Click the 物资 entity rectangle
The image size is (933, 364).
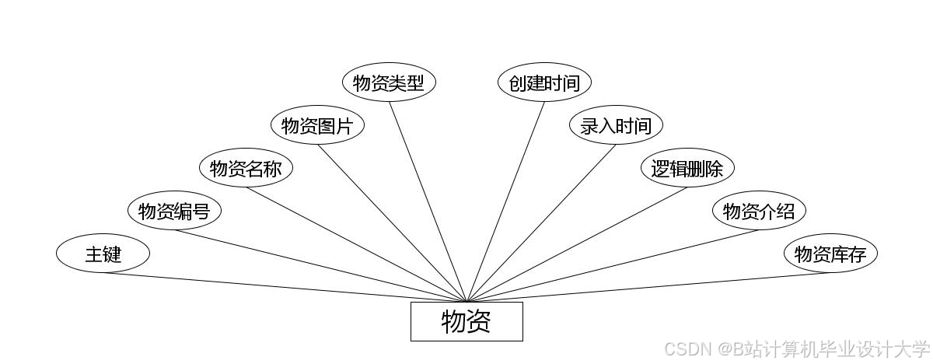pyautogui.click(x=466, y=321)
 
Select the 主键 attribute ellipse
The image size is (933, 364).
pyautogui.click(x=103, y=254)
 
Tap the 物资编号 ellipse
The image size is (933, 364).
pyautogui.click(x=174, y=211)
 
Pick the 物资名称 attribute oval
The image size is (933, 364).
pyautogui.click(x=246, y=168)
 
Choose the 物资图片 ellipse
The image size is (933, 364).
pyautogui.click(x=317, y=125)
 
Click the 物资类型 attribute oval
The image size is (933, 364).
pyautogui.click(x=389, y=82)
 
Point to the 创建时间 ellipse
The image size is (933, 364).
pyautogui.click(x=544, y=82)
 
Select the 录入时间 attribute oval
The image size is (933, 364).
pyautogui.click(x=616, y=125)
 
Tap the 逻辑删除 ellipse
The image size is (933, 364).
pyautogui.click(x=687, y=168)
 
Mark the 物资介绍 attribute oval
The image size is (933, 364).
pyautogui.click(x=759, y=211)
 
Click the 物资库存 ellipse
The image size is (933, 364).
pyautogui.click(x=830, y=254)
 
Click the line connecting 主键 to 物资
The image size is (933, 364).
pyautogui.click(x=285, y=287)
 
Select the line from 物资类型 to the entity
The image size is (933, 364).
pyautogui.click(x=428, y=201)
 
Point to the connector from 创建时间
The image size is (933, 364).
pyautogui.click(x=505, y=201)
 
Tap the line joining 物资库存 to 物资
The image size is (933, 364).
pyautogui.click(x=648, y=287)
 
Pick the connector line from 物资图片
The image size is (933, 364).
pyautogui.click(x=392, y=222)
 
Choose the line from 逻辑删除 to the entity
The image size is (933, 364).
pyautogui.click(x=577, y=244)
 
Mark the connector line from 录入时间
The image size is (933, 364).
pyautogui.click(x=541, y=222)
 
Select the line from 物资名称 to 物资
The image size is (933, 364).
pyautogui.click(x=356, y=244)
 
